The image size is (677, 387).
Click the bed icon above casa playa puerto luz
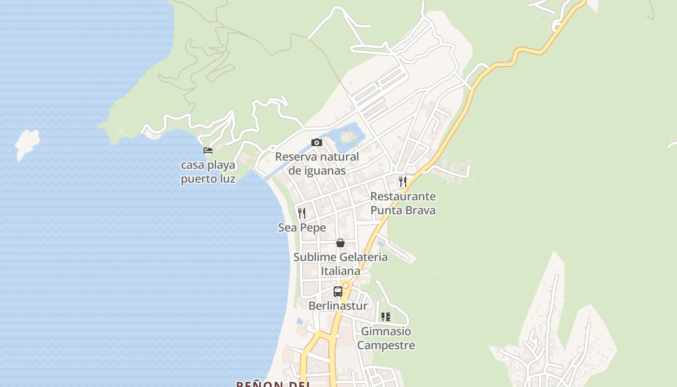[x=208, y=150]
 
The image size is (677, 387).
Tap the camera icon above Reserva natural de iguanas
[x=317, y=142]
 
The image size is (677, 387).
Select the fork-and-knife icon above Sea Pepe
[x=302, y=213]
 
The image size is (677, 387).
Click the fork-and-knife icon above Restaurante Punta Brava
[x=402, y=182]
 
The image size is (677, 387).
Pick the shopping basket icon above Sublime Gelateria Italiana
[x=340, y=242]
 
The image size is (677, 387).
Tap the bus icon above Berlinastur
[x=338, y=292]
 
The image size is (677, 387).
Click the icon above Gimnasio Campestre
[x=386, y=317]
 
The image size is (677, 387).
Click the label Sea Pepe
[x=302, y=227]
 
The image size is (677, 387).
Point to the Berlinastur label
[x=338, y=306]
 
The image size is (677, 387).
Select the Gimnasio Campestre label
[x=386, y=338]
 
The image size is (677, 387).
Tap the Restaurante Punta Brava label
[x=403, y=203]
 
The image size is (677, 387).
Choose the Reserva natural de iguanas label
[x=317, y=164]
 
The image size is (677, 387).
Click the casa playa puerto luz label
[x=208, y=172]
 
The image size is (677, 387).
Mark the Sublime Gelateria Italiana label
[x=340, y=264]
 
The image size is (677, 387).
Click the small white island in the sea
[x=27, y=142]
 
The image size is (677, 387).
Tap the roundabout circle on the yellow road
[x=346, y=285]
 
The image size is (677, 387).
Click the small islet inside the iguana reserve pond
[x=347, y=136]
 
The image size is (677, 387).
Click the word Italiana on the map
[x=340, y=271]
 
